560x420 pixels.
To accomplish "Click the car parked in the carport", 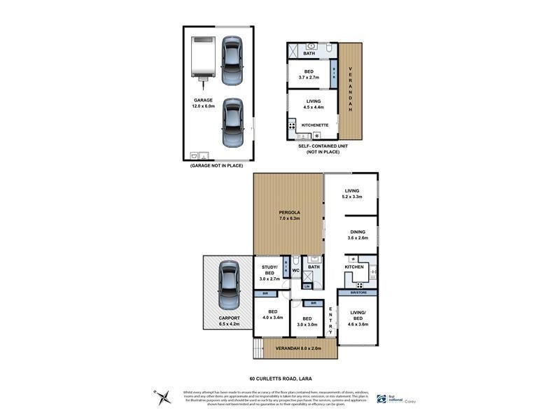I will (x=229, y=285).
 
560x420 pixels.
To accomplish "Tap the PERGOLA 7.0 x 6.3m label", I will (x=288, y=214).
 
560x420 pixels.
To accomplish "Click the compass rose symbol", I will (x=166, y=396).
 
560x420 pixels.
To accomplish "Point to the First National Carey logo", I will (x=396, y=397).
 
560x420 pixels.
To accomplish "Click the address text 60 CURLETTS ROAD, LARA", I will (x=280, y=378).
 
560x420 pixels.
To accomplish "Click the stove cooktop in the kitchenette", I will (x=292, y=127).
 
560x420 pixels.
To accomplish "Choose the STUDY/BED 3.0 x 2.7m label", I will (x=270, y=272).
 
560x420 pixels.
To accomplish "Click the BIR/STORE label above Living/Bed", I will (x=358, y=292).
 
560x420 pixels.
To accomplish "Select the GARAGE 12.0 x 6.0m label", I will (x=203, y=103).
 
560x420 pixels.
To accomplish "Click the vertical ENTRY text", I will (x=330, y=319).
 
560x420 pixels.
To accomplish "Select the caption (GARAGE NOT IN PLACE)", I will (x=218, y=166).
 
